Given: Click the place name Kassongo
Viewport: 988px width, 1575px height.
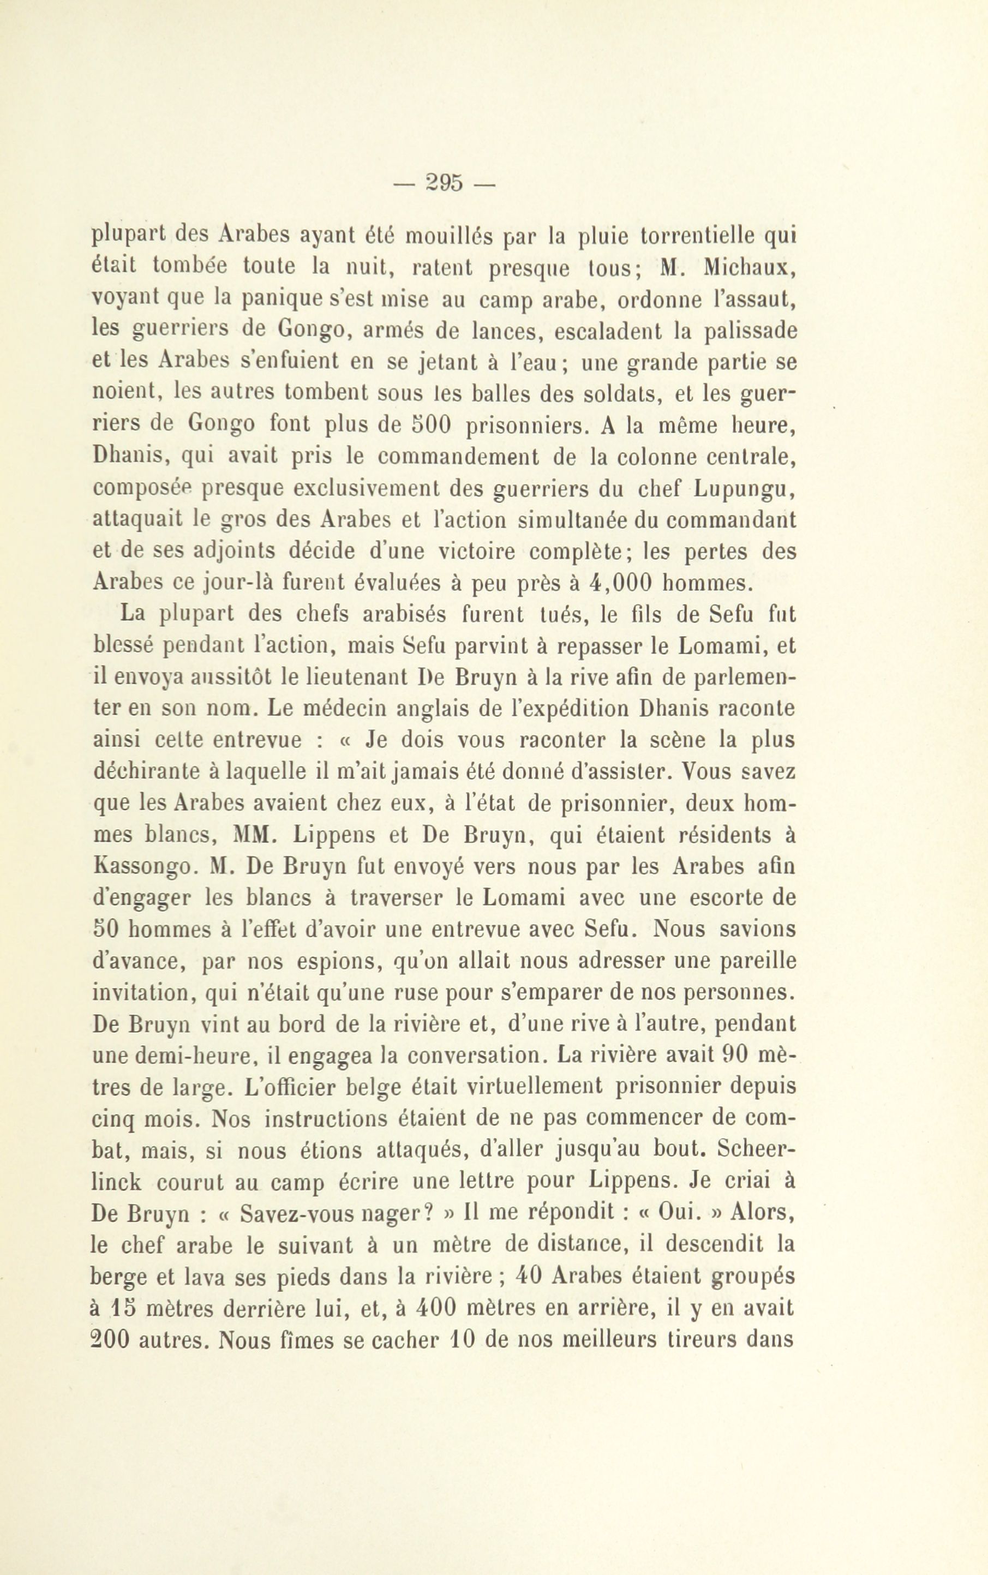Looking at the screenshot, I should [x=142, y=867].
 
